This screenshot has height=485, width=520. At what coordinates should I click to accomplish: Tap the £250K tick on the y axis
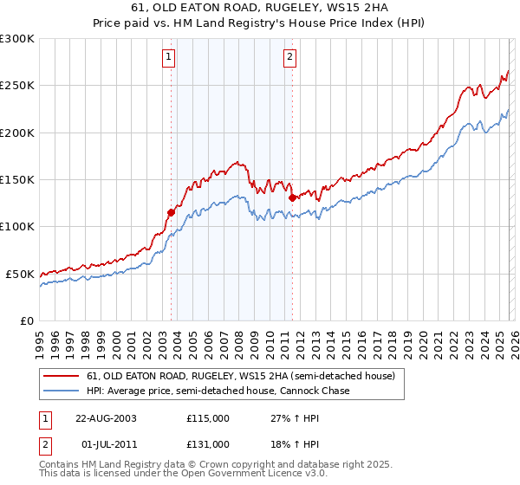[x=17, y=86]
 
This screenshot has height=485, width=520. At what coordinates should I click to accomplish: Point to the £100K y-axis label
[x=17, y=226]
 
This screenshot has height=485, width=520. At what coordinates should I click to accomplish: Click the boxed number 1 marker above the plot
[x=168, y=58]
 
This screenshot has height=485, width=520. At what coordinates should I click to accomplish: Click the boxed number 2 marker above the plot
[x=289, y=58]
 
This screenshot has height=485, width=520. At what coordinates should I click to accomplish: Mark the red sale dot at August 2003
[x=172, y=212]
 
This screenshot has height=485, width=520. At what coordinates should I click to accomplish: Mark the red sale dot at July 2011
[x=292, y=197]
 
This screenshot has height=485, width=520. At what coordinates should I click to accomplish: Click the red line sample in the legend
[x=61, y=377]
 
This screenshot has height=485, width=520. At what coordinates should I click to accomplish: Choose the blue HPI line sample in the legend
[x=61, y=391]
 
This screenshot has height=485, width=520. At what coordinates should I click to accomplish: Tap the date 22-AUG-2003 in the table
[x=106, y=418]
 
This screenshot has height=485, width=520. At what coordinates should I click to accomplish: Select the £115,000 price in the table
[x=208, y=418]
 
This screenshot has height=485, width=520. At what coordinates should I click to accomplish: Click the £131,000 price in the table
[x=208, y=443]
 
